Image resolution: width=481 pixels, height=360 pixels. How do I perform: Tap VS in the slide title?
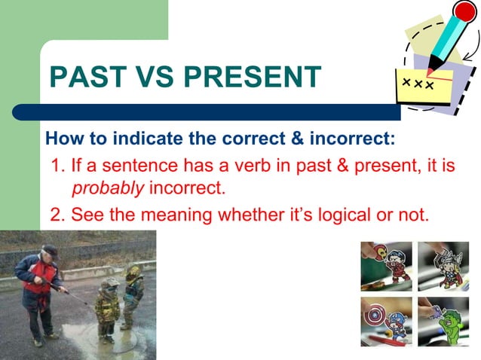[x=154, y=78]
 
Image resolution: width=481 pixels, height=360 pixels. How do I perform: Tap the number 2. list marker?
[x=57, y=215]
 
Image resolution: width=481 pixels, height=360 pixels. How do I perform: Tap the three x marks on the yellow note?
[x=417, y=83]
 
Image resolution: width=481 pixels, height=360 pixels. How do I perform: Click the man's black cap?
[x=50, y=250]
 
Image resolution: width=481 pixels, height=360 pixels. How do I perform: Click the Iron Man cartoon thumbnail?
[x=386, y=266]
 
